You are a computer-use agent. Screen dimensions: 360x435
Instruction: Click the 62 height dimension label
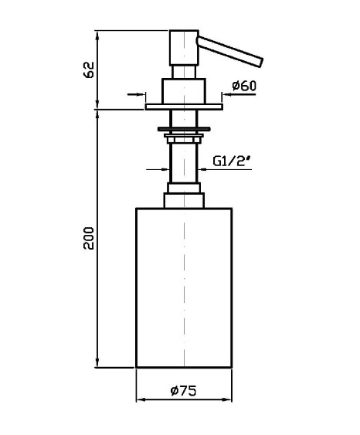point(89,70)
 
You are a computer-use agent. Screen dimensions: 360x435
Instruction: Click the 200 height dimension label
point(89,238)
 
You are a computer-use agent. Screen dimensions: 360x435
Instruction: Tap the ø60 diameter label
point(244,86)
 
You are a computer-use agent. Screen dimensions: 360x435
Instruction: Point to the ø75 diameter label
point(183,391)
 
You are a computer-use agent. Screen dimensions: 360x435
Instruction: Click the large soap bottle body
point(184,287)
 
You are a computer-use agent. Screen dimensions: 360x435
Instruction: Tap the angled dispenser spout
point(229,52)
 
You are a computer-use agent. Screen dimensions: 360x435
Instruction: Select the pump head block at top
point(184,48)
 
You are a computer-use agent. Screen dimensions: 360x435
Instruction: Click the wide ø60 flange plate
point(184,107)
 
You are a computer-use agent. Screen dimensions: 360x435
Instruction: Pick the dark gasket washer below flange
point(184,129)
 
